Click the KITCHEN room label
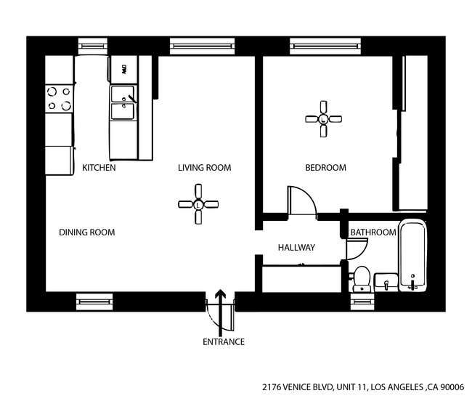99,168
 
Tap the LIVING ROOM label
204,168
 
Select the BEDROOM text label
325,168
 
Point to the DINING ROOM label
86,232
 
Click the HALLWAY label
296,248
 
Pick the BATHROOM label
373,232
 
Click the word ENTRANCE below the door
223,342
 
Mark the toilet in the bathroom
362,279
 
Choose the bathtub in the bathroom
412,255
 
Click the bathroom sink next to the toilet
386,281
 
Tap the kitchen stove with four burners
59,100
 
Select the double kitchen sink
123,102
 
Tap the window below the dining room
94,301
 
